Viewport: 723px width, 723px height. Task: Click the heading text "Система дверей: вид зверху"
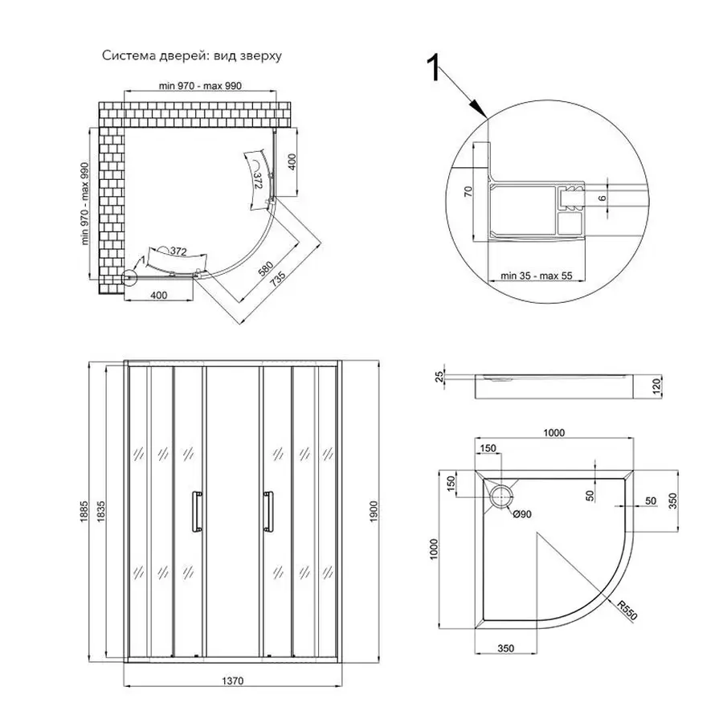[x=192, y=55]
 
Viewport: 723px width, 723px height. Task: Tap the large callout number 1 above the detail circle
[x=433, y=67]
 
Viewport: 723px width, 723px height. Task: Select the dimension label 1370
[x=232, y=680]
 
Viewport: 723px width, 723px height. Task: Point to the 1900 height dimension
[x=373, y=512]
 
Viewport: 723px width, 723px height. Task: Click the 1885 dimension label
[x=84, y=512]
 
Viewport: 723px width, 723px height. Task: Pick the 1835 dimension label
[x=101, y=512]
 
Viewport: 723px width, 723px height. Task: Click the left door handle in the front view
[x=197, y=512]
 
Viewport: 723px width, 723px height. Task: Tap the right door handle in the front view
[x=268, y=512]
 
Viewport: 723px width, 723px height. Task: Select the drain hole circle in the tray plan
[x=501, y=497]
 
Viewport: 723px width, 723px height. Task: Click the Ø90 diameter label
[x=522, y=514]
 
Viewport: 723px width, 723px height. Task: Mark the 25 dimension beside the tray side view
[x=440, y=377]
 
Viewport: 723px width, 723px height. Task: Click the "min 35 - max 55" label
[x=537, y=276]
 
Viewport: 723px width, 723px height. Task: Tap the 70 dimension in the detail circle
[x=468, y=191]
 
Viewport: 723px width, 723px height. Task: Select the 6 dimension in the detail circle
[x=602, y=198]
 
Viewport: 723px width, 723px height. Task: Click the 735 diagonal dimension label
[x=278, y=280]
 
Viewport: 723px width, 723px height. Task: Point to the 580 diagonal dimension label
[x=266, y=268]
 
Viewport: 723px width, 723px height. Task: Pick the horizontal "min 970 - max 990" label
[x=200, y=86]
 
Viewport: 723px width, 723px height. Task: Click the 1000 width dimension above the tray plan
[x=553, y=432]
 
